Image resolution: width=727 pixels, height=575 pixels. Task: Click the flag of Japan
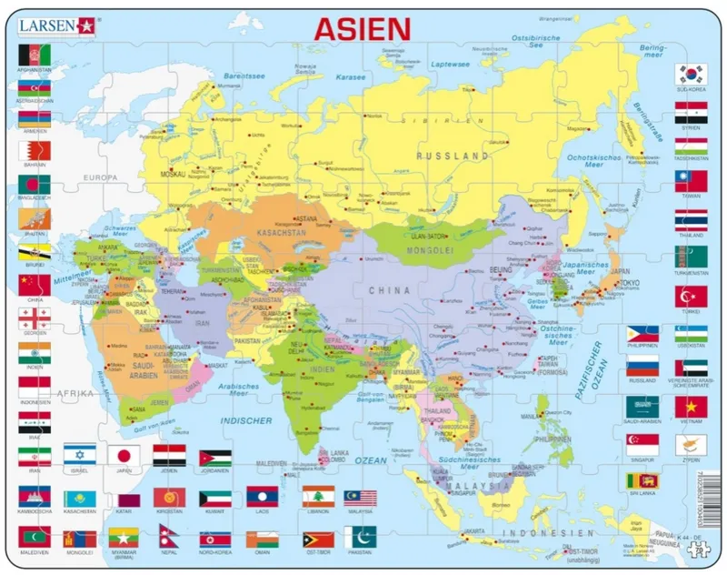pos(124,455)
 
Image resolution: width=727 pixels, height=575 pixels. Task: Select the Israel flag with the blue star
pos(80,455)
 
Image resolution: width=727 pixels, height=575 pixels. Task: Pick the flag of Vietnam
pos(691,407)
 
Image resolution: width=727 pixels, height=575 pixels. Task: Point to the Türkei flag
pos(691,296)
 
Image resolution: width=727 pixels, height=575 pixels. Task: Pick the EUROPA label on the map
pos(100,177)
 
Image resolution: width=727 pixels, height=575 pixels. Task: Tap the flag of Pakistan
pos(361,537)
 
